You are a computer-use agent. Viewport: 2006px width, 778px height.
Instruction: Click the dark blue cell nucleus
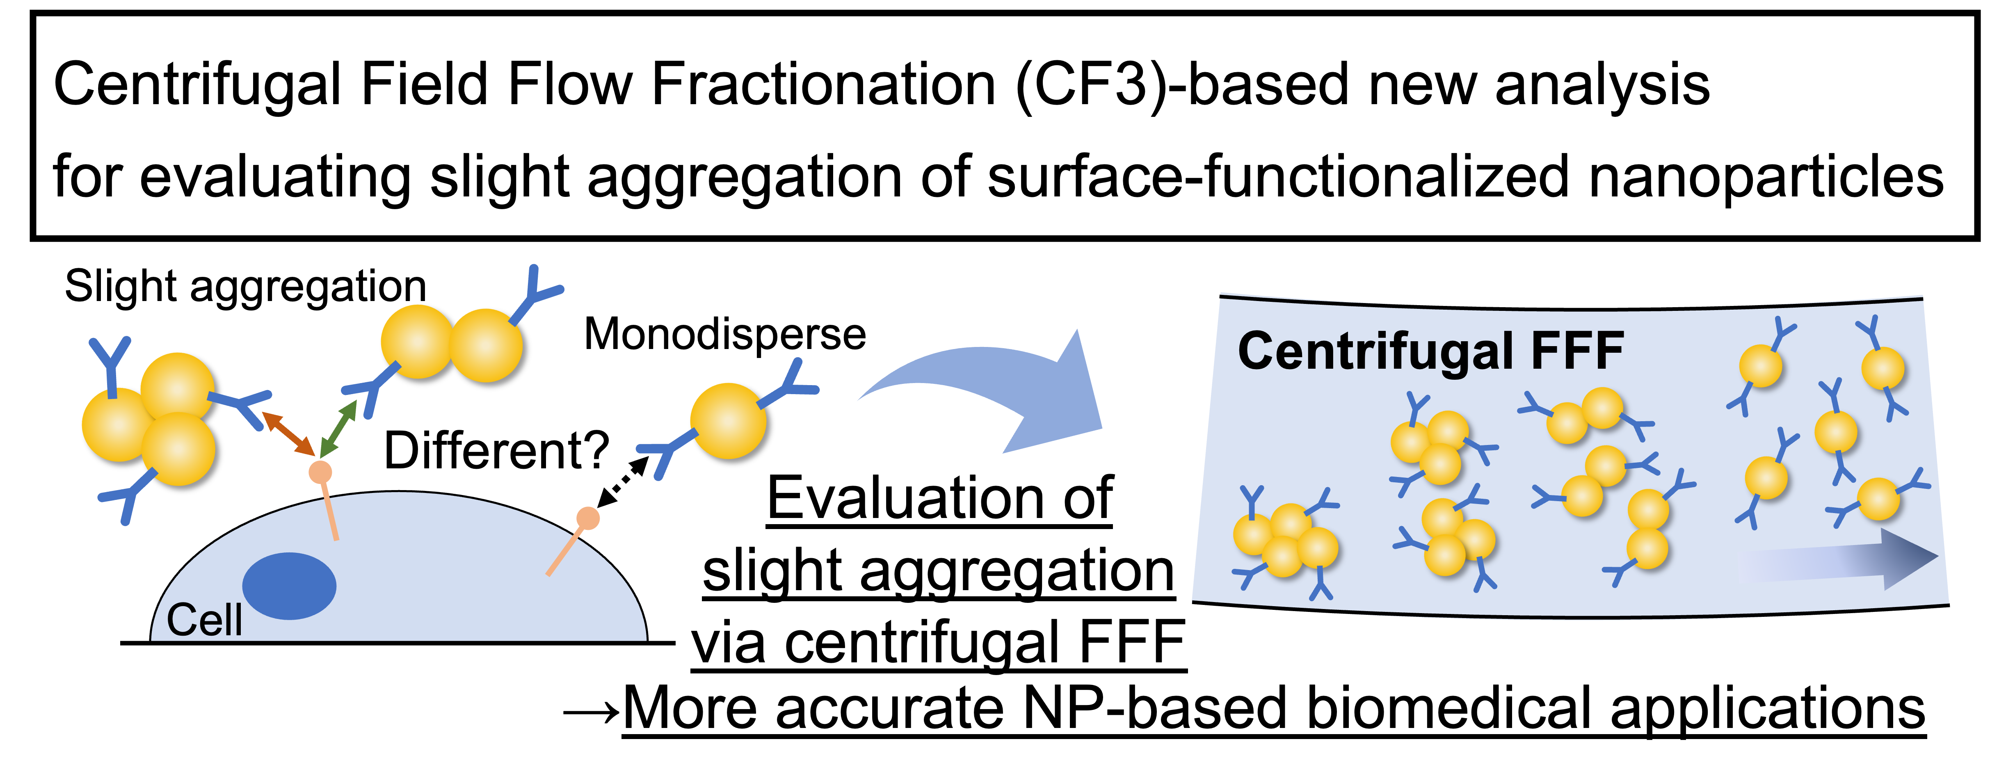coord(289,586)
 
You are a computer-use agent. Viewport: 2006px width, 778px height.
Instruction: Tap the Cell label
coord(204,620)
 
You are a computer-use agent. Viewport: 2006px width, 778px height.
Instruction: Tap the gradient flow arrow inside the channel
coord(1838,559)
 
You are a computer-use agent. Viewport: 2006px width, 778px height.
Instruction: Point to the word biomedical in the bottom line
coord(1449,709)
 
